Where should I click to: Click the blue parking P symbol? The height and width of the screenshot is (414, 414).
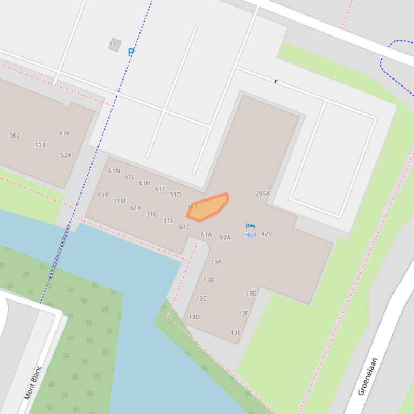[131, 52]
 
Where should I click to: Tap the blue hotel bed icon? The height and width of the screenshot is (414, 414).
[250, 226]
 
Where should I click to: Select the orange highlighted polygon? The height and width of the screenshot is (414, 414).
[208, 208]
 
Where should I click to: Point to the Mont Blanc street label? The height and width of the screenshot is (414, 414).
[33, 383]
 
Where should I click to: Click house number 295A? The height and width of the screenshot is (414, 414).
[263, 194]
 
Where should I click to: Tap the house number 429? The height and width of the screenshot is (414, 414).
[266, 234]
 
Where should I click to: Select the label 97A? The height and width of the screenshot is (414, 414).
[225, 237]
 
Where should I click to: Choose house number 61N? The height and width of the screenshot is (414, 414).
[114, 171]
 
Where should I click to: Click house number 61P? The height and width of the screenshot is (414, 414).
[103, 195]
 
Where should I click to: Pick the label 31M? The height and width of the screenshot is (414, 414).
[119, 202]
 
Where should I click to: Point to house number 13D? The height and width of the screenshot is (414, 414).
[194, 317]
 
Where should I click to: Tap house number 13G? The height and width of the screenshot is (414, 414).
[251, 294]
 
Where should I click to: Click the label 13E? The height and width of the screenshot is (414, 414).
[236, 333]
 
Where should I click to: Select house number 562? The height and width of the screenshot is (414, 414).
[15, 135]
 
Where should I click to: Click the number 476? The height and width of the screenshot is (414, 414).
[65, 133]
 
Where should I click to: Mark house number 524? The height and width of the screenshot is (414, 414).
[66, 155]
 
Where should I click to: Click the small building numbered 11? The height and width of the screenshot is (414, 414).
[114, 45]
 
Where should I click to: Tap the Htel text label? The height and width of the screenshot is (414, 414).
[250, 235]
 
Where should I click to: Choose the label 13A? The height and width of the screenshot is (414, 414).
[216, 262]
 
